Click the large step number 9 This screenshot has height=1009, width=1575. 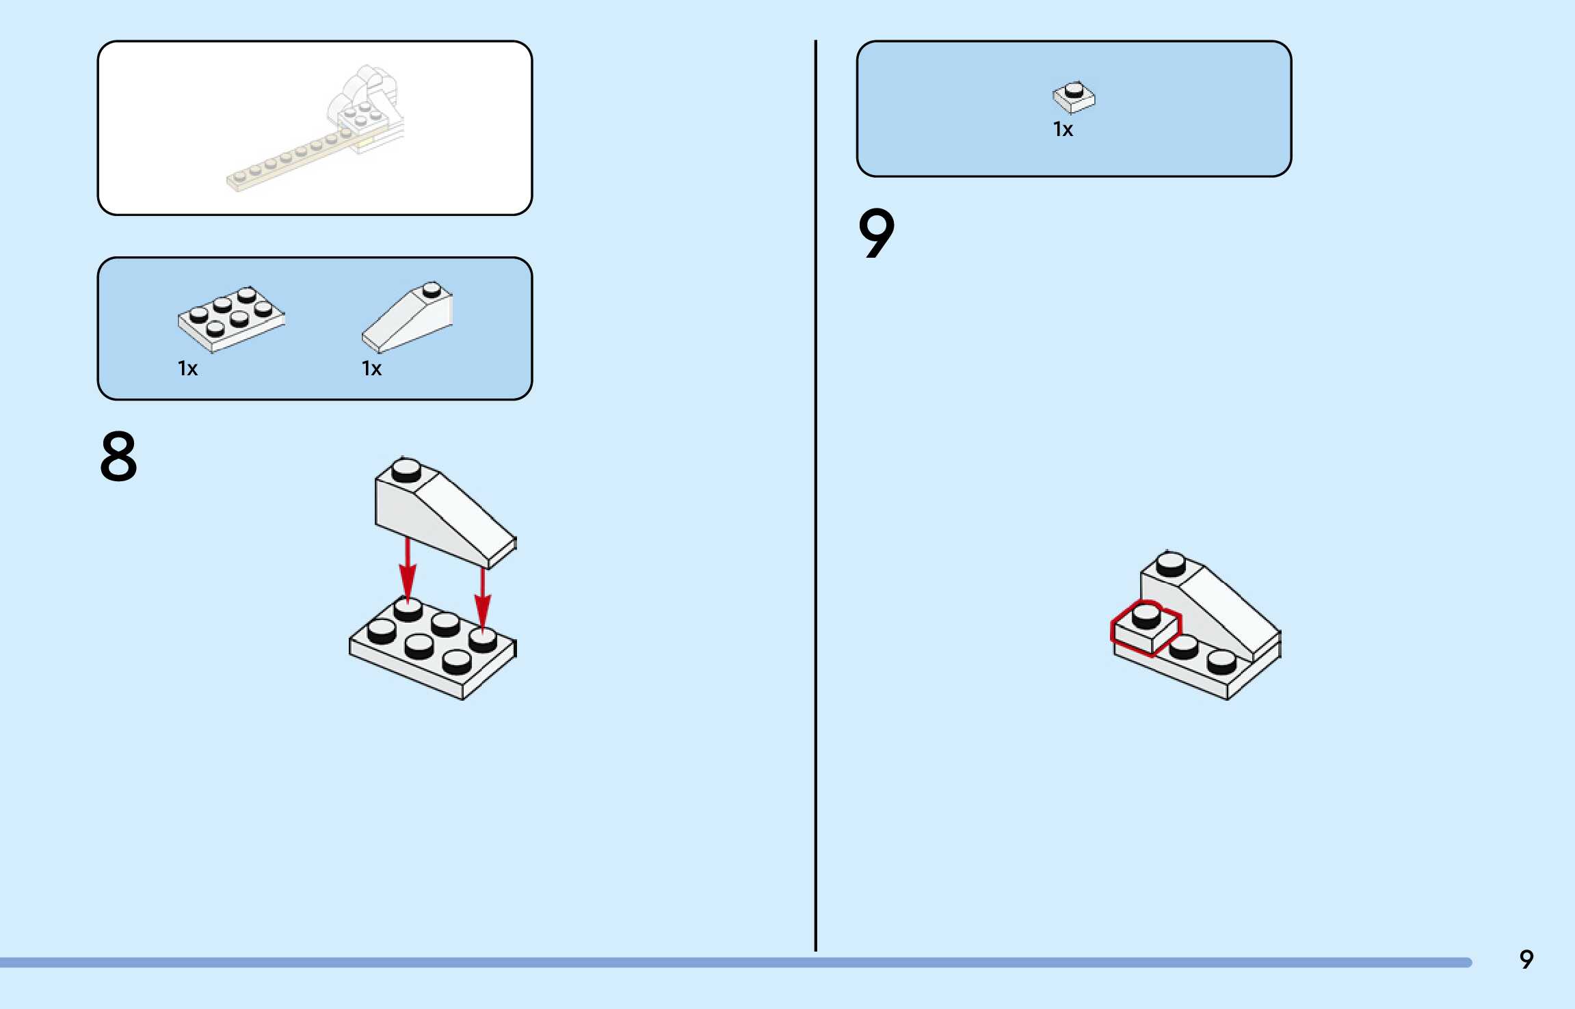[x=876, y=233]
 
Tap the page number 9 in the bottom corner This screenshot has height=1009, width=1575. [x=1526, y=959]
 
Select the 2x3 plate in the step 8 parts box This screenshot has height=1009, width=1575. [x=230, y=318]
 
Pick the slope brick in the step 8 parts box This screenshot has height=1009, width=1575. [x=408, y=318]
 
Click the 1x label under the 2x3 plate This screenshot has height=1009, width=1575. [x=187, y=368]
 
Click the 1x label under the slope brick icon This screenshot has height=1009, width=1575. [x=371, y=368]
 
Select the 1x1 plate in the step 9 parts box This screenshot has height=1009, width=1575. [x=1073, y=97]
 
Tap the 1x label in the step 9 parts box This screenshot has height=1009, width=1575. [x=1063, y=129]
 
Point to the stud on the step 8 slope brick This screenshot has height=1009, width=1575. [x=406, y=470]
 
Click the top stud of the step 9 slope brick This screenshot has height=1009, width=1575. [x=1171, y=563]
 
